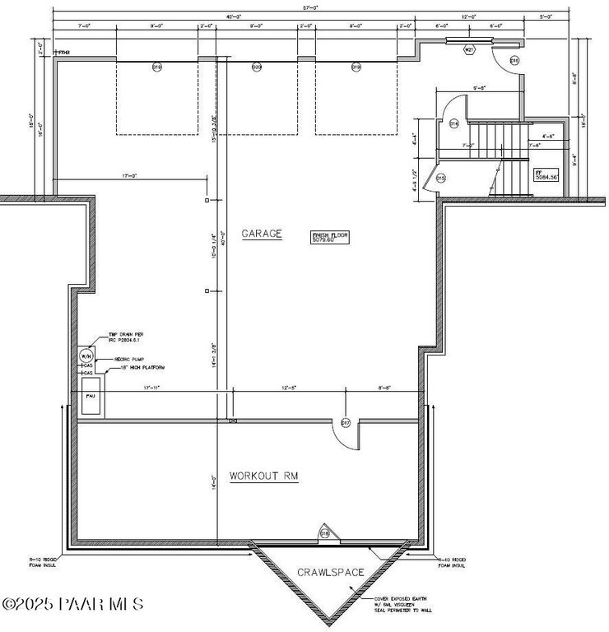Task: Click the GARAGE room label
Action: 262,234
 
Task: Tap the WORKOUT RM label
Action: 263,476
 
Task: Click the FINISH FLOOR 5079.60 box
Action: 330,237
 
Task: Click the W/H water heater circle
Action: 86,356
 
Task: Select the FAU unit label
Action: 91,396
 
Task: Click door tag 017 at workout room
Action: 346,423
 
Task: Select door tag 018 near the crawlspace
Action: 324,533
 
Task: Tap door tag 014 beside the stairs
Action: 453,123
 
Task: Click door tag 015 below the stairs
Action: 440,178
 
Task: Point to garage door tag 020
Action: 257,67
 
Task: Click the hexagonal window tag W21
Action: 468,50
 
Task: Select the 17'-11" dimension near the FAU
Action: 151,387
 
